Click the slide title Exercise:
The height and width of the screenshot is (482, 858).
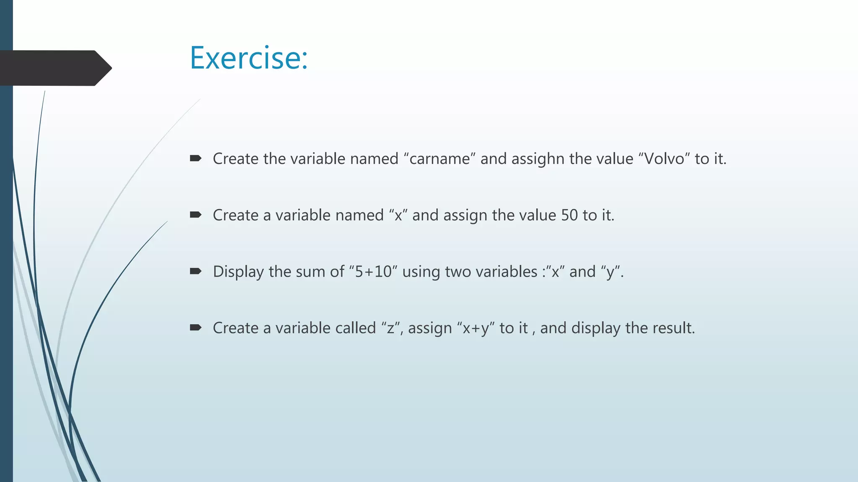tap(249, 58)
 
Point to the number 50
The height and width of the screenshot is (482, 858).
tap(569, 215)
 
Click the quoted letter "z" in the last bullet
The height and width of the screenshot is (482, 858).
tap(390, 328)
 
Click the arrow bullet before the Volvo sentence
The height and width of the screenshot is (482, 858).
tap(196, 158)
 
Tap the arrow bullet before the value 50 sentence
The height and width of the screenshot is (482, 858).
tap(196, 215)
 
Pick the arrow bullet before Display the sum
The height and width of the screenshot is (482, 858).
tap(196, 271)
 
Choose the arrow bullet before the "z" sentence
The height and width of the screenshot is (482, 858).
tap(196, 327)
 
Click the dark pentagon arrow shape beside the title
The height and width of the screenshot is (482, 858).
tap(54, 68)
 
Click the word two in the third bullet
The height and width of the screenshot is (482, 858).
tap(457, 272)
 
